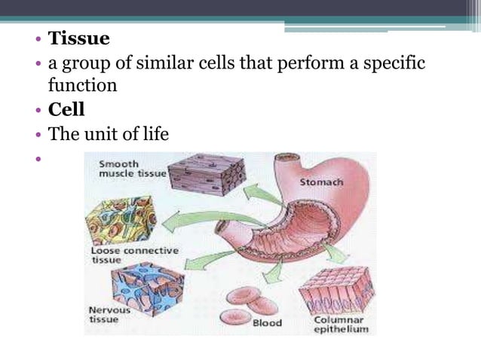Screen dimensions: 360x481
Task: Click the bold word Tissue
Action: pos(79,38)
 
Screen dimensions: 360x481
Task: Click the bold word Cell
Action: pos(66,109)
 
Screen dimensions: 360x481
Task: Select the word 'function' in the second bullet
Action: pos(83,85)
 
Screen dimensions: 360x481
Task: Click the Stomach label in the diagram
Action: pos(322,182)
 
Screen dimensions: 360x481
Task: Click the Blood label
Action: pos(266,323)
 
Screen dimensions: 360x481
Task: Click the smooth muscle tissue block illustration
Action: pos(206,175)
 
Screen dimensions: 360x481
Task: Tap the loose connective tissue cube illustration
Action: pos(121,218)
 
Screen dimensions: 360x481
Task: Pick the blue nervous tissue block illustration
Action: pos(148,288)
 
